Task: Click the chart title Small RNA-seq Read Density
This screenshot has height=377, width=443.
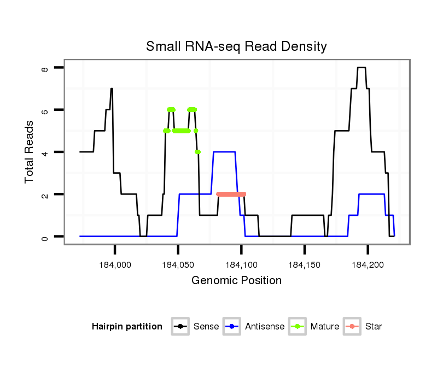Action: pyautogui.click(x=236, y=46)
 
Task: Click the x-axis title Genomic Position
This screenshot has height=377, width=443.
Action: pyautogui.click(x=236, y=281)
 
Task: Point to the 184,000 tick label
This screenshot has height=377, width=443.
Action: pyautogui.click(x=115, y=266)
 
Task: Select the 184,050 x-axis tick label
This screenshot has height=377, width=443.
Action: pyautogui.click(x=178, y=266)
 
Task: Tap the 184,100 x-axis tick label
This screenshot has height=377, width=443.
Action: pyautogui.click(x=241, y=266)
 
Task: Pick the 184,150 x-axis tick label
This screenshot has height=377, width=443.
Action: pyautogui.click(x=305, y=266)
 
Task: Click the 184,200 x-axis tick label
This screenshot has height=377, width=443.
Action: pyautogui.click(x=368, y=266)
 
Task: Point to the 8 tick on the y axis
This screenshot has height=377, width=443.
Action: pyautogui.click(x=45, y=68)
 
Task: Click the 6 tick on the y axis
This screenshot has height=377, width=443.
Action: pyautogui.click(x=45, y=110)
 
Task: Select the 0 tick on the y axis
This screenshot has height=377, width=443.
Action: pyautogui.click(x=45, y=237)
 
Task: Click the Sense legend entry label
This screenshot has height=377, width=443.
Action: pyautogui.click(x=206, y=327)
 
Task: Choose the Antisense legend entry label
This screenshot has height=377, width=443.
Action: pyautogui.click(x=265, y=327)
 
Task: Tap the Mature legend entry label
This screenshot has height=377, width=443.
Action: pyautogui.click(x=325, y=327)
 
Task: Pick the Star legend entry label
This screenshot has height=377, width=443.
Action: pyautogui.click(x=374, y=327)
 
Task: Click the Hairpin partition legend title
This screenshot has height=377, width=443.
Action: pyautogui.click(x=127, y=327)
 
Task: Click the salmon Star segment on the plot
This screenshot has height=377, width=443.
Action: pyautogui.click(x=231, y=194)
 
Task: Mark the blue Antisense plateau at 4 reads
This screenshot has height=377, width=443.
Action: pyautogui.click(x=224, y=152)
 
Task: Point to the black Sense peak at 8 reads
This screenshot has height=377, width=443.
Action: pyautogui.click(x=361, y=68)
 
